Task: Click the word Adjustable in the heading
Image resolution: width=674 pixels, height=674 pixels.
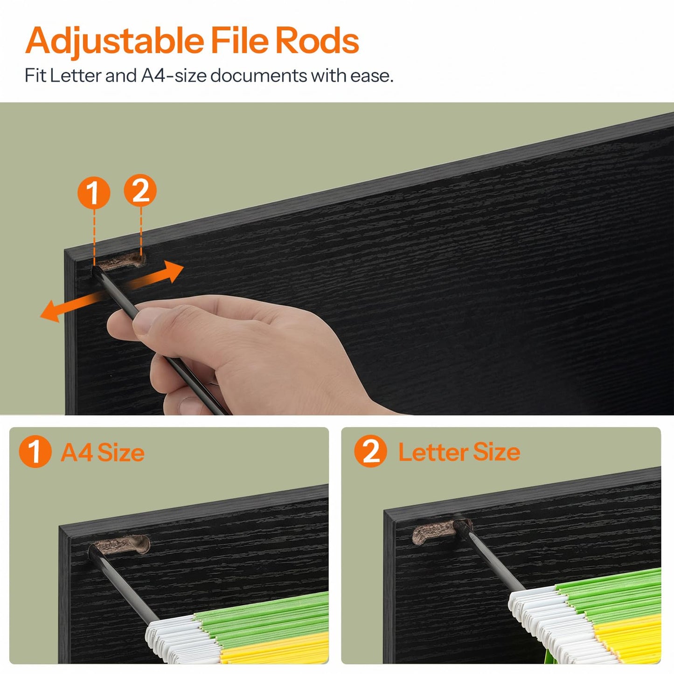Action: [x=115, y=41]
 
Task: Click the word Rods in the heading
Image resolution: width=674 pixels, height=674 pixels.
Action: [x=317, y=41]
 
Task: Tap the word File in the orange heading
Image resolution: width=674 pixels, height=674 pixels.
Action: [x=240, y=40]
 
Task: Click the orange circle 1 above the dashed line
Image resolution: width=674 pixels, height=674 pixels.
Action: [x=94, y=193]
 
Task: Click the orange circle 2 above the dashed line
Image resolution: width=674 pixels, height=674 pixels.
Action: [x=140, y=190]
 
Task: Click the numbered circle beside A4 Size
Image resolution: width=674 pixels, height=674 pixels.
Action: [x=35, y=451]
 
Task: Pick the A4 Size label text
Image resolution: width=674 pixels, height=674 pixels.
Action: [x=102, y=452]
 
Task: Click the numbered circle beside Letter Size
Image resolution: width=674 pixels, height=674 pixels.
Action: [x=370, y=451]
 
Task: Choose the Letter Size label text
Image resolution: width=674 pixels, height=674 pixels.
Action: [x=459, y=452]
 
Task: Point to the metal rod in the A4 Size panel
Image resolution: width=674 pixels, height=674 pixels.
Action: [x=122, y=584]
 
